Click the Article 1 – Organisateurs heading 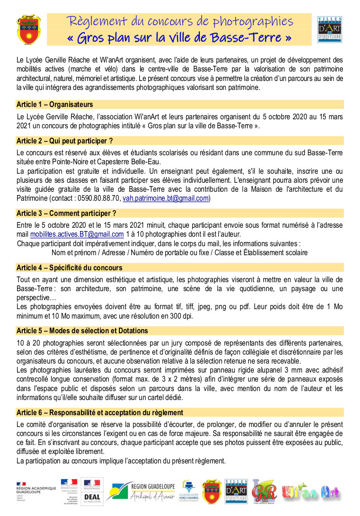pos(55,105)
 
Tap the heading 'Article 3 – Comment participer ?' pos(66,213)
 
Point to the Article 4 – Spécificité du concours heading pos(69,267)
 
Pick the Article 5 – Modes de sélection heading pos(82,330)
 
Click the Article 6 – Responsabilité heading pos(99,412)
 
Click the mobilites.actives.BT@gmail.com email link pos(77,234)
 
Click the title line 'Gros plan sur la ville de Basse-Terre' pos(182,37)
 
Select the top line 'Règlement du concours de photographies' pos(180,21)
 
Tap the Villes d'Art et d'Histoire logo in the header pos(330,29)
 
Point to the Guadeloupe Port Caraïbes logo pos(189,491)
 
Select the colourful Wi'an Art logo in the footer pos(311,492)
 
